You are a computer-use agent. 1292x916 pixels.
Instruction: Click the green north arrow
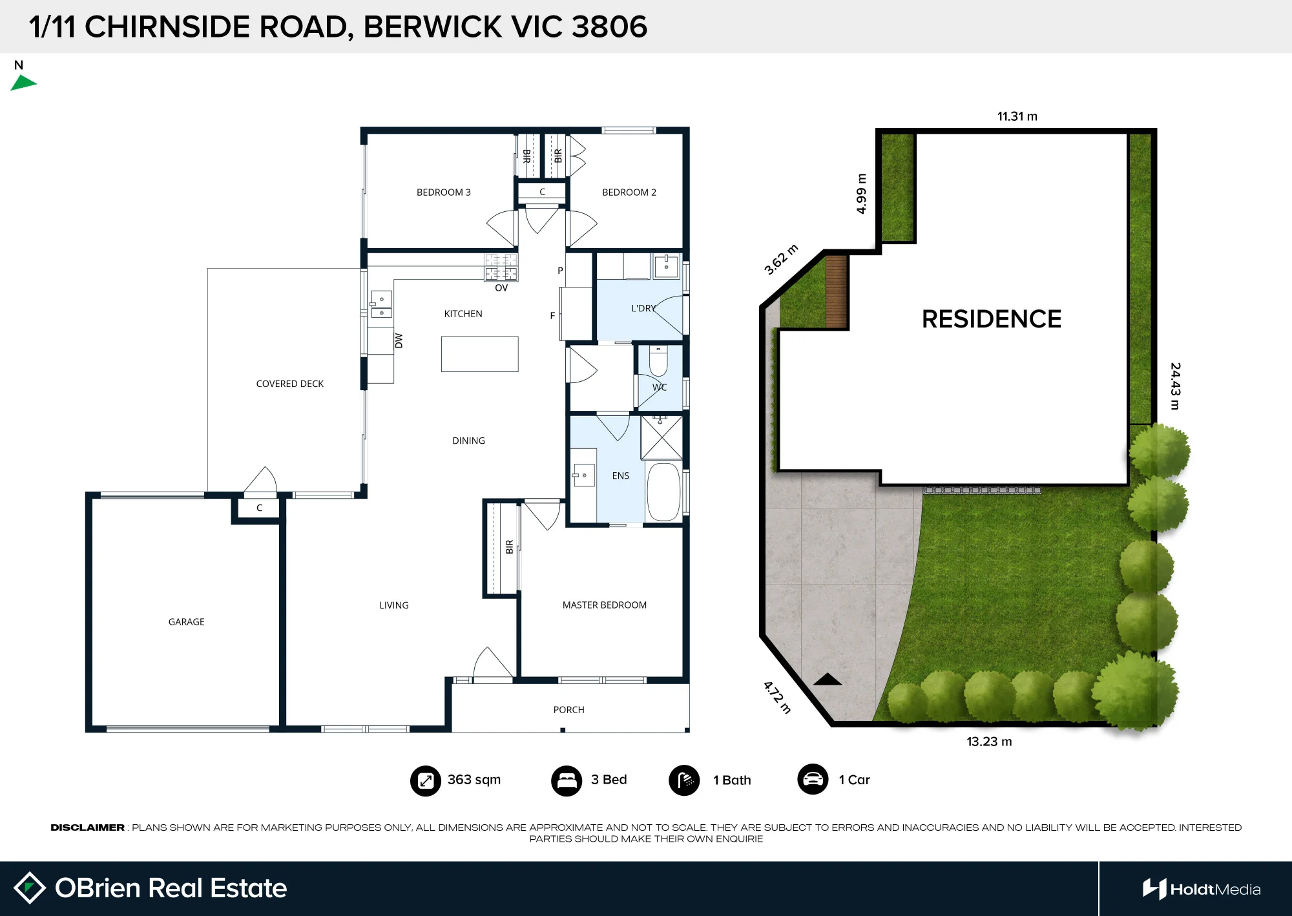click(23, 83)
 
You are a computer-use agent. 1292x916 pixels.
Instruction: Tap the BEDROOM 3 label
click(443, 193)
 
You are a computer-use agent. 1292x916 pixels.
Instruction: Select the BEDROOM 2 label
click(629, 193)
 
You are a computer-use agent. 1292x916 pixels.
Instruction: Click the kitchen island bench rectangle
click(479, 354)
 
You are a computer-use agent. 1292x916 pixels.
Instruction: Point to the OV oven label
click(501, 288)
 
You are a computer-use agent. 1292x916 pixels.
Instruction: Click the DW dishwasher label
click(399, 340)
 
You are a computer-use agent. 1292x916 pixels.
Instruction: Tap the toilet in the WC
click(658, 361)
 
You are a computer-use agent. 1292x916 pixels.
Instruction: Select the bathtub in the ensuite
click(663, 492)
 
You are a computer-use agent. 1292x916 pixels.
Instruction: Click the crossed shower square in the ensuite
click(662, 437)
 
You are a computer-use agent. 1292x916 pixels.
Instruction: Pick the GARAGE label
click(186, 622)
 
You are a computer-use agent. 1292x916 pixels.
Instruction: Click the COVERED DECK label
click(289, 384)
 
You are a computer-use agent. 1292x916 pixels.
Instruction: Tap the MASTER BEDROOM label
click(604, 605)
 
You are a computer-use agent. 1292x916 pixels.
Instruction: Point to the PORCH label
click(568, 710)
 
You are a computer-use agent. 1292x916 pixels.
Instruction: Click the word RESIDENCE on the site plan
click(991, 319)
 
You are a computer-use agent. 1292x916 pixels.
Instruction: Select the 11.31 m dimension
click(1017, 116)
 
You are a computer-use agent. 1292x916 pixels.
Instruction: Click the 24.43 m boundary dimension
click(1175, 386)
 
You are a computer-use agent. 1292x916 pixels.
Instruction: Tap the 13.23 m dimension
click(989, 742)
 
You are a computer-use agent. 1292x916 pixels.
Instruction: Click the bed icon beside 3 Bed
click(567, 780)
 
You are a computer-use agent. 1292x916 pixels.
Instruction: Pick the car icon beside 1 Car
click(813, 780)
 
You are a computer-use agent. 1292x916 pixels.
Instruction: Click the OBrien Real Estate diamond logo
click(30, 888)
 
